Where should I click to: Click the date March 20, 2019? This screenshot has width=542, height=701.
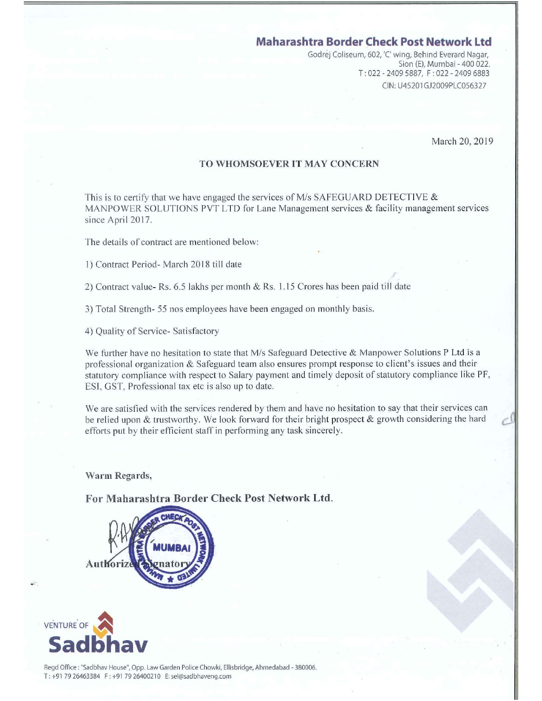tap(462, 141)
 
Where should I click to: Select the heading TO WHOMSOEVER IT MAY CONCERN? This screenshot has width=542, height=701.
tap(289, 164)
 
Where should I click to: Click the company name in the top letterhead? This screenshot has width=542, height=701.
tap(374, 42)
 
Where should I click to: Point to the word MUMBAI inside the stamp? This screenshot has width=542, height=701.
tap(171, 547)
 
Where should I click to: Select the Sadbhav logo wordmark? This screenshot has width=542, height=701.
tap(98, 644)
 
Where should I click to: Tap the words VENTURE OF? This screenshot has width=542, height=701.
tap(66, 625)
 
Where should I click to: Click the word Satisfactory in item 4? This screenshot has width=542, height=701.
tap(196, 331)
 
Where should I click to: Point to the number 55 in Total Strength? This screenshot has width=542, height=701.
tap(162, 309)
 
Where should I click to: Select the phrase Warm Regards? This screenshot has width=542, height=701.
tap(119, 476)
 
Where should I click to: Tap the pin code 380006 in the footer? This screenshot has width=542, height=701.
tap(306, 667)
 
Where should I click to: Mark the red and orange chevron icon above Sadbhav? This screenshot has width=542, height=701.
tap(104, 623)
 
